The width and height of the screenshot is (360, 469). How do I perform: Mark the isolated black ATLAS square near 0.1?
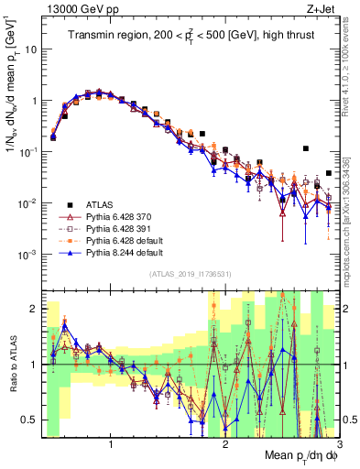306,148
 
